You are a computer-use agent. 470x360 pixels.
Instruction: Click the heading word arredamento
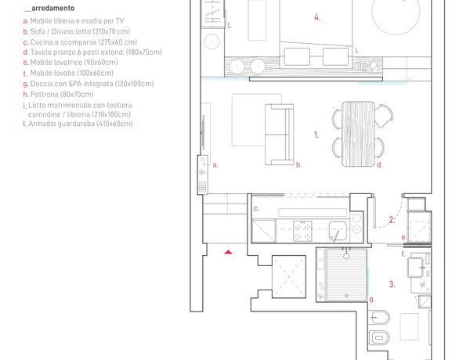(52, 8)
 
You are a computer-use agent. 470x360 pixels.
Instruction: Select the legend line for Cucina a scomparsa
(80, 42)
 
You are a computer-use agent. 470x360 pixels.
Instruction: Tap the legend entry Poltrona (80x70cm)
(59, 95)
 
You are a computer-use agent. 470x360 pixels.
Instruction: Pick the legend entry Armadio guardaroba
(78, 124)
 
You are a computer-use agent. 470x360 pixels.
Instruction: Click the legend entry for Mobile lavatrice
(70, 63)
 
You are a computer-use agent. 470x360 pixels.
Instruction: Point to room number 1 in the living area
(316, 135)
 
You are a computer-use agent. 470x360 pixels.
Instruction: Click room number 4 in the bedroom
(317, 17)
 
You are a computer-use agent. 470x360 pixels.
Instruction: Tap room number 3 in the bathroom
(392, 284)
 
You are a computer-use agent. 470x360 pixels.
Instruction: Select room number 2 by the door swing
(392, 220)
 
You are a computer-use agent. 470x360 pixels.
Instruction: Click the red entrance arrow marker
(229, 252)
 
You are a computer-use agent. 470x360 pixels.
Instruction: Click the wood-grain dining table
(358, 134)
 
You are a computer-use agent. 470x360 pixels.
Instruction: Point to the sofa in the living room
(279, 135)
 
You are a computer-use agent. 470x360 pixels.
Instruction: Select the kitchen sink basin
(338, 230)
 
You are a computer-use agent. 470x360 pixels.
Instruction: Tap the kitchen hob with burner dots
(302, 231)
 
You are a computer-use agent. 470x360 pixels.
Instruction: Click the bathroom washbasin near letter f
(416, 267)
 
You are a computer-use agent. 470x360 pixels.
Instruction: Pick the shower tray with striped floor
(346, 275)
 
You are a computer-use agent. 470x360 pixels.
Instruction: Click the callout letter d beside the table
(379, 164)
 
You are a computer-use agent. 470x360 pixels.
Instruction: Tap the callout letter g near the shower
(371, 299)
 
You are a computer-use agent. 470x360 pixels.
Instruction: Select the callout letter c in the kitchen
(256, 208)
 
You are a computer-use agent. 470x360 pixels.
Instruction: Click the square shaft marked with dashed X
(289, 277)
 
